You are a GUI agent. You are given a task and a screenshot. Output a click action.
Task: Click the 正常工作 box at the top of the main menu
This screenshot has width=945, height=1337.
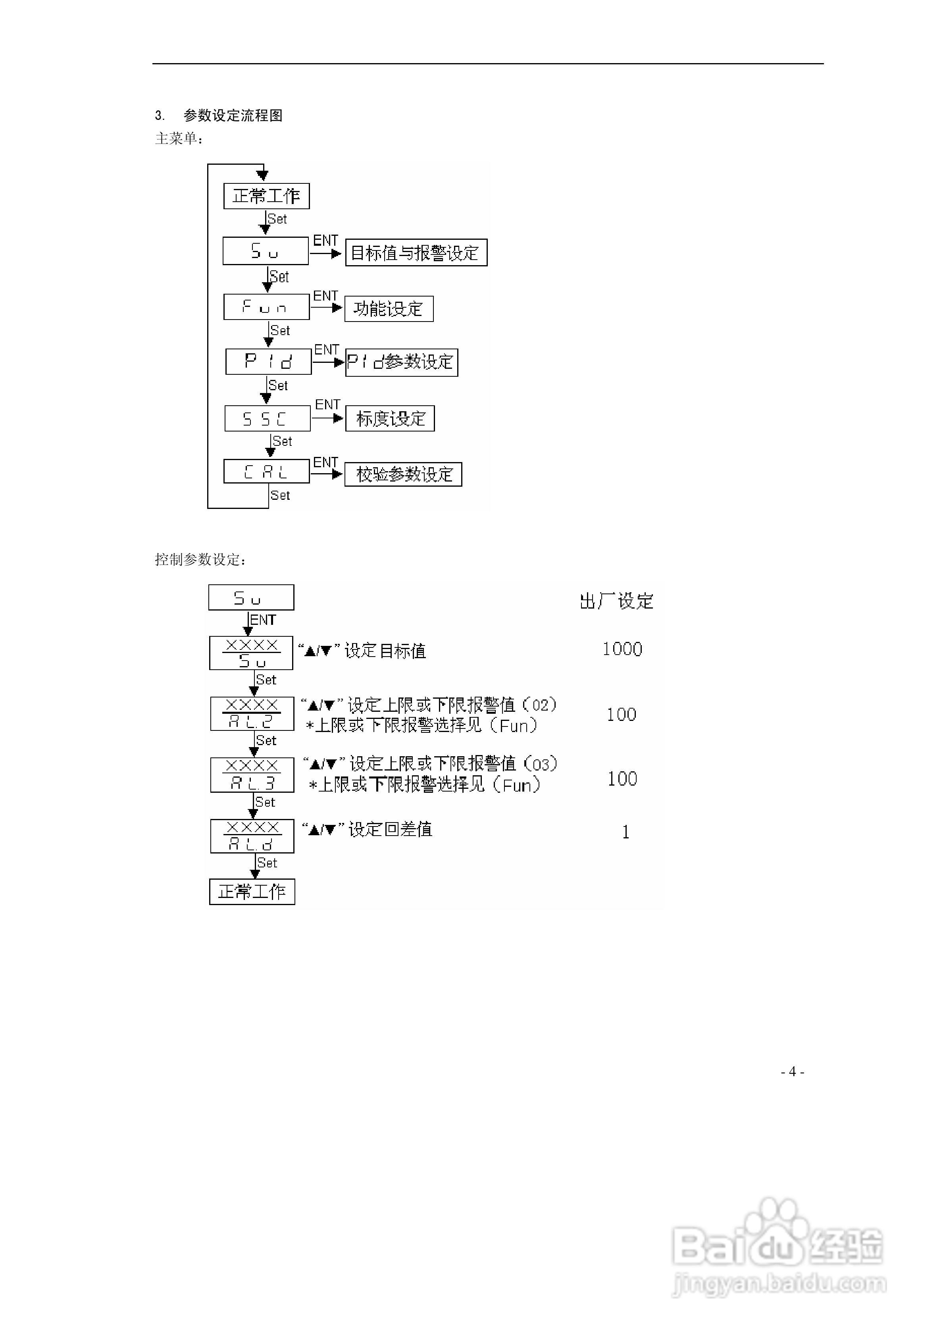[x=266, y=196]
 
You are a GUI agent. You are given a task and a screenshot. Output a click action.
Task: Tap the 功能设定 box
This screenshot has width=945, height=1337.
[x=389, y=308]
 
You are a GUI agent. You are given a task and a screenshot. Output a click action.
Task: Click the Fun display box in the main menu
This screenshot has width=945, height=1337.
[x=266, y=307]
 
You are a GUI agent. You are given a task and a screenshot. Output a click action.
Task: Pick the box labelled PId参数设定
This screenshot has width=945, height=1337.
[x=401, y=362]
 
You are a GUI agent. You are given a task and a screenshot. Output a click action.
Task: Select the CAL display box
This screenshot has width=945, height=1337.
[x=266, y=472]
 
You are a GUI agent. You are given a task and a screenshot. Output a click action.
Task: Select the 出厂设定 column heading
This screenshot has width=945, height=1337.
[x=616, y=601]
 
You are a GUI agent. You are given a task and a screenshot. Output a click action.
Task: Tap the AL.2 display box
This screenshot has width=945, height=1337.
[x=252, y=714]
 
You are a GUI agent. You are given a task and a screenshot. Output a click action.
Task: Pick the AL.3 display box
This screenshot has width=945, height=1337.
[x=252, y=775]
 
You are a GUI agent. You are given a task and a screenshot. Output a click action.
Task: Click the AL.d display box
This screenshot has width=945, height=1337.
[x=252, y=836]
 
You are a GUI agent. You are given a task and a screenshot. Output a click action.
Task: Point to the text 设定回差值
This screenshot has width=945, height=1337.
[x=390, y=829]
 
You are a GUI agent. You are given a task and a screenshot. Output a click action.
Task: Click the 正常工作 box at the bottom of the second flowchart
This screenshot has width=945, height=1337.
[x=252, y=892]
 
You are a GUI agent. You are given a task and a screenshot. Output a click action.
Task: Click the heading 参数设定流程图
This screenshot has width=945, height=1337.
[x=233, y=115]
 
